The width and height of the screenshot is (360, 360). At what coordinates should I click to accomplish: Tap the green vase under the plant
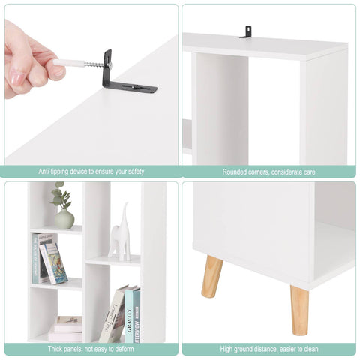64,219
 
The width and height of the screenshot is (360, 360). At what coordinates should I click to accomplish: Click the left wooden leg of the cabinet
212,276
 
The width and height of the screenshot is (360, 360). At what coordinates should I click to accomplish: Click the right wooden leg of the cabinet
299,309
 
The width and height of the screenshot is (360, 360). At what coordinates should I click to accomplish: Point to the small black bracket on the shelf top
245,31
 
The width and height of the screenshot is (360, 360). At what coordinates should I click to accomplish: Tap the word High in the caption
227,349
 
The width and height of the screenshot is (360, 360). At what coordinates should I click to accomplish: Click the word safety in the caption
134,172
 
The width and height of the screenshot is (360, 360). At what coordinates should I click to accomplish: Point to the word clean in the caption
308,349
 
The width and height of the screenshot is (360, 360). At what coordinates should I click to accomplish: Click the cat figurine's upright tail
124,214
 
